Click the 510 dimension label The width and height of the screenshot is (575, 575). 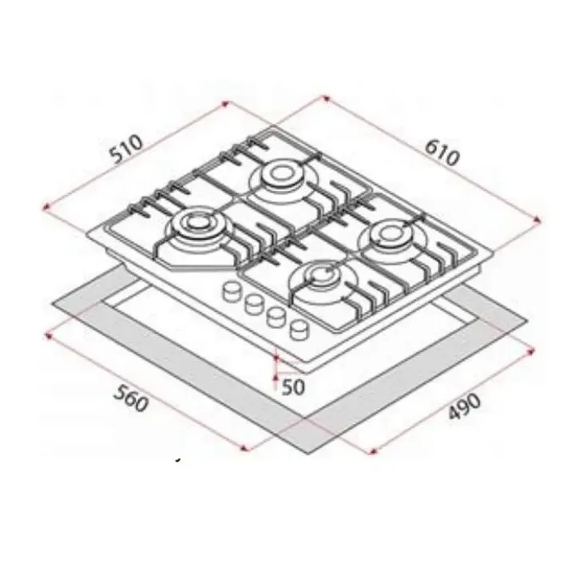click(126, 149)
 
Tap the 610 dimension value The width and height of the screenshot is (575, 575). click(442, 153)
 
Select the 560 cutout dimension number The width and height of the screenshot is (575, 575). click(131, 399)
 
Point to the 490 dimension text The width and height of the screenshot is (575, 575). click(464, 406)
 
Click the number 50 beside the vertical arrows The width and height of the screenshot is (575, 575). click(293, 387)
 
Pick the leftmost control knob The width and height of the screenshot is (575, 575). click(232, 291)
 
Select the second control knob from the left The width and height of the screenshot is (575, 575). click(255, 304)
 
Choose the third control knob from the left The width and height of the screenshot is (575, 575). click(277, 317)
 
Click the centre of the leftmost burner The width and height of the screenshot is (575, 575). click(197, 223)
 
